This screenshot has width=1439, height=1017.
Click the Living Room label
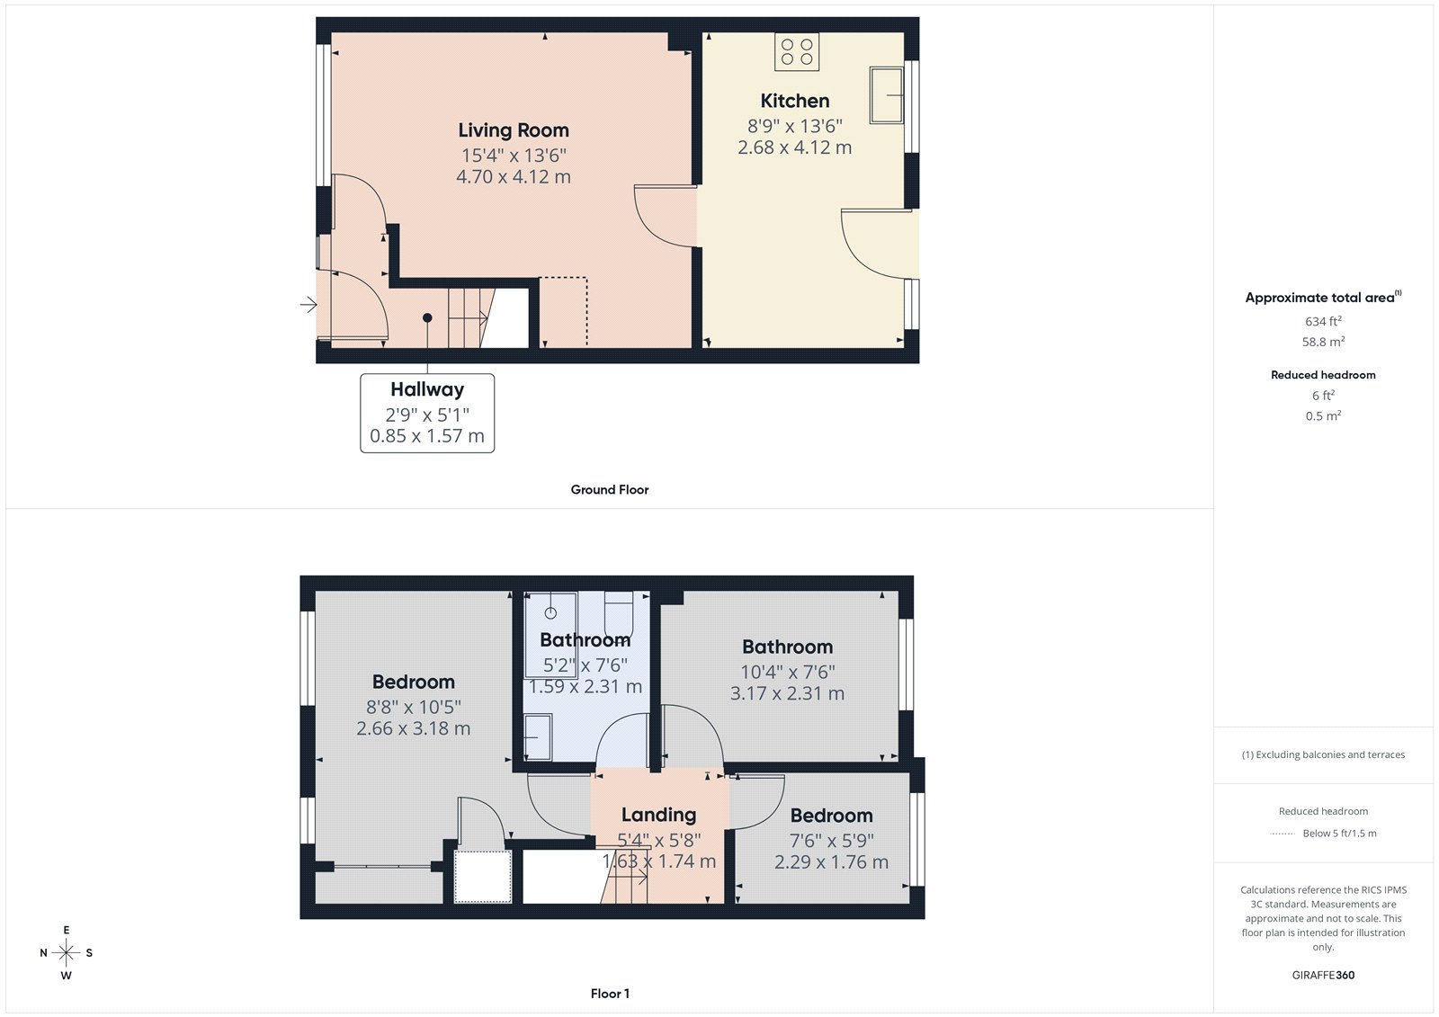(514, 130)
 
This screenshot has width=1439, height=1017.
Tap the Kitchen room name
(795, 101)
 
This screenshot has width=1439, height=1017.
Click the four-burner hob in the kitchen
(797, 51)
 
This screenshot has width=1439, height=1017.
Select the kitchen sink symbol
(886, 94)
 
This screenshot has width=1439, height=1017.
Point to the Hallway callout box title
(427, 389)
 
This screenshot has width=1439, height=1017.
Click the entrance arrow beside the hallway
(308, 306)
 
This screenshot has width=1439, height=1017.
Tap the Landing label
(658, 815)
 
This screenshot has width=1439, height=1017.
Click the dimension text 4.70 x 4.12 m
(514, 177)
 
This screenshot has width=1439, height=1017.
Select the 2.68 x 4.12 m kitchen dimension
(795, 147)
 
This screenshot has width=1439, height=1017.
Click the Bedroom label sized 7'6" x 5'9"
(831, 816)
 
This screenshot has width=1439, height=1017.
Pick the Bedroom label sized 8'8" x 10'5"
(414, 682)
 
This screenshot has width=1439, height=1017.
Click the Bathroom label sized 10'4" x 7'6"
(787, 647)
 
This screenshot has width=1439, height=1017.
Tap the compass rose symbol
(67, 952)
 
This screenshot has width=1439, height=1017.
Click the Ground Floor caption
(610, 490)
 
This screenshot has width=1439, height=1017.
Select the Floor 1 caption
(610, 994)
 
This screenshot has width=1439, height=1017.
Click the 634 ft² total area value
(1323, 321)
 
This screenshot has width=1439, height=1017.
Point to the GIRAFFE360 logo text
(1323, 975)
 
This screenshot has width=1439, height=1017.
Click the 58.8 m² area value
(1323, 342)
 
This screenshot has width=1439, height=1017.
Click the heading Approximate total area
(1320, 298)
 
